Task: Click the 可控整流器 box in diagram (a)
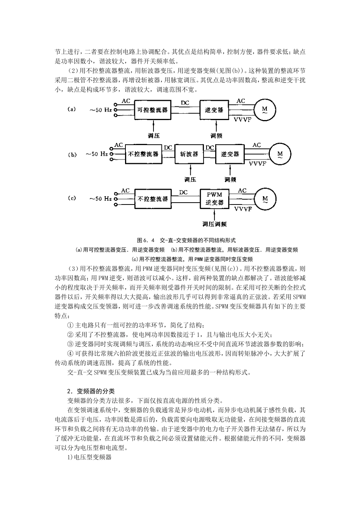[153, 110]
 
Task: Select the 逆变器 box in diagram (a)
[214, 110]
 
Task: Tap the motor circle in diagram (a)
[265, 110]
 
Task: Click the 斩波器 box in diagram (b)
[189, 154]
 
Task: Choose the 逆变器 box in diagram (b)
[230, 154]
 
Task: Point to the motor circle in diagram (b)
[280, 154]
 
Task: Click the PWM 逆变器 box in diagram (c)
[214, 198]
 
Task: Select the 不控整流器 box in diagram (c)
[153, 198]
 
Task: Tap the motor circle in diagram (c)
[265, 198]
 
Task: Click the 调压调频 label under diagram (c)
[214, 224]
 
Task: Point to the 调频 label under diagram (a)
[216, 136]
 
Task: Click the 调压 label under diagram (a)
[153, 136]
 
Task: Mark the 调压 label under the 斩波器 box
[190, 179]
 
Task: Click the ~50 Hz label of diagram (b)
[97, 155]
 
